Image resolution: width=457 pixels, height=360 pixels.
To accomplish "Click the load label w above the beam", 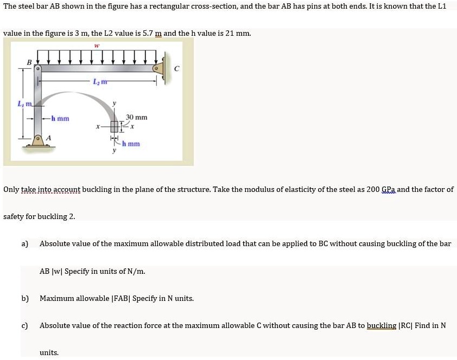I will click(x=96, y=46).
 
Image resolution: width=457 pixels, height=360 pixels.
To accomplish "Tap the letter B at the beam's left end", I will click(x=29, y=62).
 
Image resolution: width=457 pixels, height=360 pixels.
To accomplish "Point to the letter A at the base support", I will click(x=48, y=138).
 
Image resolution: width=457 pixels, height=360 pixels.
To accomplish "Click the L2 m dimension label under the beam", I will click(x=99, y=81).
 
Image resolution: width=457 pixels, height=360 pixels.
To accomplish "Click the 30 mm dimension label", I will click(x=137, y=117).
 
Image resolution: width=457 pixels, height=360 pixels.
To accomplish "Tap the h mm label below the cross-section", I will click(x=131, y=144).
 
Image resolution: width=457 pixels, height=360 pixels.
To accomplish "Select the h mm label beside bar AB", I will click(x=60, y=118).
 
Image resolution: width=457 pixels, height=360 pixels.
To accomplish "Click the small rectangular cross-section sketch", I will click(x=115, y=127).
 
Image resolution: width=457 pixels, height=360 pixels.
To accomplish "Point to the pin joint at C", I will click(x=158, y=69).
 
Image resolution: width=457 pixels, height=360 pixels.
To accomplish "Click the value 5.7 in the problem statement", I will click(x=135, y=33).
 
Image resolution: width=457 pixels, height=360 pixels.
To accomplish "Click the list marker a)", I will click(x=24, y=243).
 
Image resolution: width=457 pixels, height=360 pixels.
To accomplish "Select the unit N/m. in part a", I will click(x=136, y=271).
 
